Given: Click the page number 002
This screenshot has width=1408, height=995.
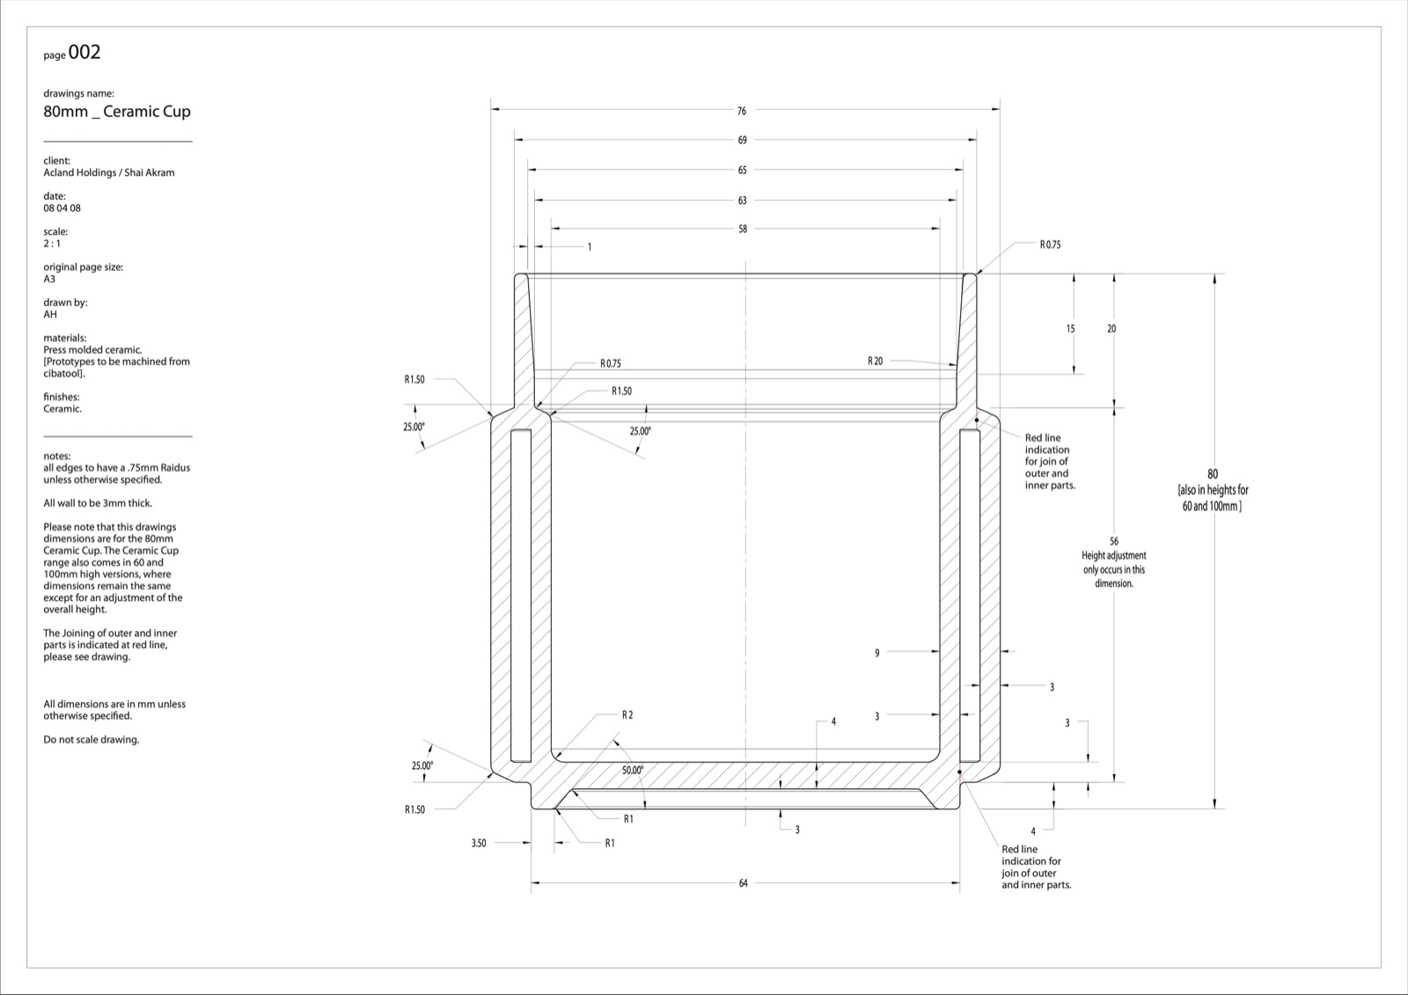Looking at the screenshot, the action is tap(84, 52).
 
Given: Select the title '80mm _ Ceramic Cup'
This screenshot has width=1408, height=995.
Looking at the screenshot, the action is tap(117, 112).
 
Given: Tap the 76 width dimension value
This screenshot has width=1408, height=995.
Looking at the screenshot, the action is tap(742, 111).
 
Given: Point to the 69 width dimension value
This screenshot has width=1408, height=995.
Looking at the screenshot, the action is tap(743, 140).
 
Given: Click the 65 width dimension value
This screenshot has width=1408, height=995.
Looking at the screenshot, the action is tap(743, 171).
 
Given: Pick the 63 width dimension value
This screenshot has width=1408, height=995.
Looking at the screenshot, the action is tap(743, 201).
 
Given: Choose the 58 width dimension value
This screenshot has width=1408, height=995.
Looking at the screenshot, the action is tap(743, 229).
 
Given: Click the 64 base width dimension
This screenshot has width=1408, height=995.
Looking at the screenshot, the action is tap(743, 883).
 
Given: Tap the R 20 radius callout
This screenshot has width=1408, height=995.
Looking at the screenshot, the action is tap(875, 361).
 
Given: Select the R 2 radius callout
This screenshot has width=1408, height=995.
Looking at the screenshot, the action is tap(627, 714).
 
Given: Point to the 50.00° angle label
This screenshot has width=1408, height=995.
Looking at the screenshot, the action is tap(633, 770).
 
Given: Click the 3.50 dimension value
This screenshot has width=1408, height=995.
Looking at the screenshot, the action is tap(479, 843).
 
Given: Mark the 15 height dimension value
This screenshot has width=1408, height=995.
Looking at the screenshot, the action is tap(1070, 329).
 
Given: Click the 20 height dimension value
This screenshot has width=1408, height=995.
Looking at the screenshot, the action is tap(1111, 329).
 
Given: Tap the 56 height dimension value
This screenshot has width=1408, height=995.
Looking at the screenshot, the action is tap(1114, 541).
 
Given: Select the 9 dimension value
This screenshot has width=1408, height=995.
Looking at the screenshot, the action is tap(876, 653).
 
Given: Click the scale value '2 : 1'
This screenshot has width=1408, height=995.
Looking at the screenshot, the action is tap(52, 244).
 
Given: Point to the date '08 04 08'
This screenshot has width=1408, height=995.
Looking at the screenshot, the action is tap(62, 208).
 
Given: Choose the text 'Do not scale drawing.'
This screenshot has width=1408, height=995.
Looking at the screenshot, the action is tap(92, 740).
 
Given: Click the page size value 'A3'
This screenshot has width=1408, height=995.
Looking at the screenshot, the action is tap(49, 279).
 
